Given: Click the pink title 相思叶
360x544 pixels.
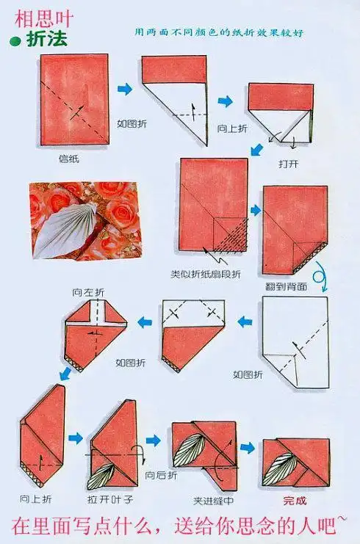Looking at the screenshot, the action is (44, 19).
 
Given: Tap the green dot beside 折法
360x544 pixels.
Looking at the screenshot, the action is (15, 42).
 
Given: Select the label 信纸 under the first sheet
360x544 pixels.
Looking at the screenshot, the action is (69, 159).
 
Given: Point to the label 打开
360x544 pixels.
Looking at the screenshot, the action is (289, 164).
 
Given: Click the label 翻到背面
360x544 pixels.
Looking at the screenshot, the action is (286, 286).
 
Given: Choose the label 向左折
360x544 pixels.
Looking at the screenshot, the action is (88, 292).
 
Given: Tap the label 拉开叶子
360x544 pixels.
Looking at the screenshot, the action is (110, 499).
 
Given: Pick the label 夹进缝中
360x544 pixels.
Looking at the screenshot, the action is (214, 501).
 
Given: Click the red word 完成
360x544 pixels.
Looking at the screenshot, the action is (295, 501).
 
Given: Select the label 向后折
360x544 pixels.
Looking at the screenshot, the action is (161, 475).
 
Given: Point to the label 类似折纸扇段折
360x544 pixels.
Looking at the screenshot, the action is (206, 274).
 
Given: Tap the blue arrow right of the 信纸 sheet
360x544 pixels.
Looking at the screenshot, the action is (125, 89).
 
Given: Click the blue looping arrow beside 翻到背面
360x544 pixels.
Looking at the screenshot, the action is (320, 277).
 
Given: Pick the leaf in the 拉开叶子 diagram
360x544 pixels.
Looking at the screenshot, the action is (101, 476).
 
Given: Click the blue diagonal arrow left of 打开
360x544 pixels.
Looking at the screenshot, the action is (256, 150).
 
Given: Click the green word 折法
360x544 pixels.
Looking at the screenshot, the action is (46, 39).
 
